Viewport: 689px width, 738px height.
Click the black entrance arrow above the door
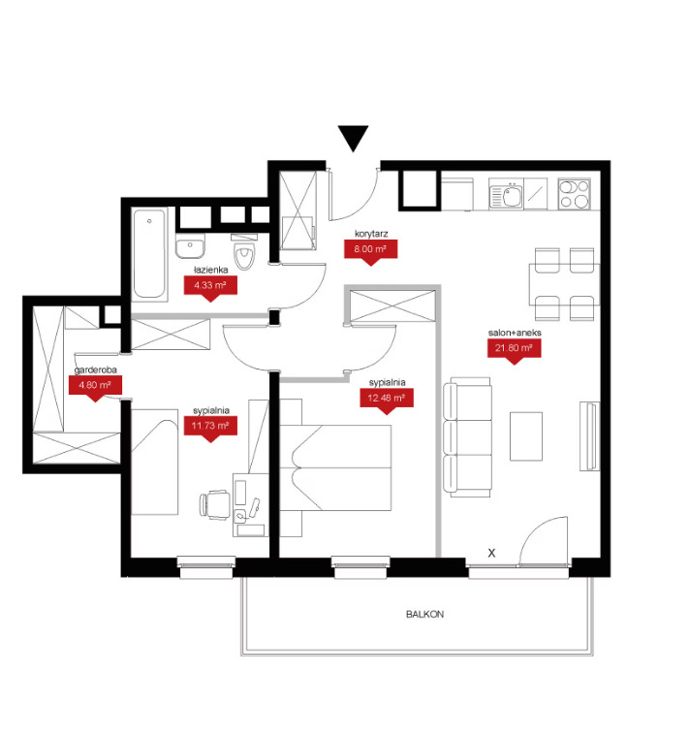pos(353,138)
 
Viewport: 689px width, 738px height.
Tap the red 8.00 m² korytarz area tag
pos(370,250)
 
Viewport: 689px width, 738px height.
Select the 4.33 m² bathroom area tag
pos(210,287)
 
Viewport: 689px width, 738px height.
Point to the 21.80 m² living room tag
pos(514,350)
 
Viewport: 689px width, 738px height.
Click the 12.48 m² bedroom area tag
pos(387,400)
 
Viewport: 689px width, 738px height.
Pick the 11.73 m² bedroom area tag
pos(210,428)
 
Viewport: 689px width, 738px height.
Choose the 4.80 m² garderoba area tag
pos(96,386)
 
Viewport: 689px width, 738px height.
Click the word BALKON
pos(424,614)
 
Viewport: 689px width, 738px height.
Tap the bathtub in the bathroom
pos(149,254)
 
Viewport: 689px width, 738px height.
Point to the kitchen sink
pos(506,194)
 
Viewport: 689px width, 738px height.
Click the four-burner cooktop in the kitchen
pos(575,194)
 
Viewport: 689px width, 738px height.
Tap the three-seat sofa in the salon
pos(467,436)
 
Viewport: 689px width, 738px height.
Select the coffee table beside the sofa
pos(526,436)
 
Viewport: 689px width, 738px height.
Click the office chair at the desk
pos(215,505)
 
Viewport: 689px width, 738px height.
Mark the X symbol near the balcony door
pos(491,553)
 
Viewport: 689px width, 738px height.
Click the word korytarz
pos(371,234)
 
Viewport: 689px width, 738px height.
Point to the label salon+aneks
pos(515,333)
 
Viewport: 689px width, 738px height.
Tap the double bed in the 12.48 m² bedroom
pos(336,467)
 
